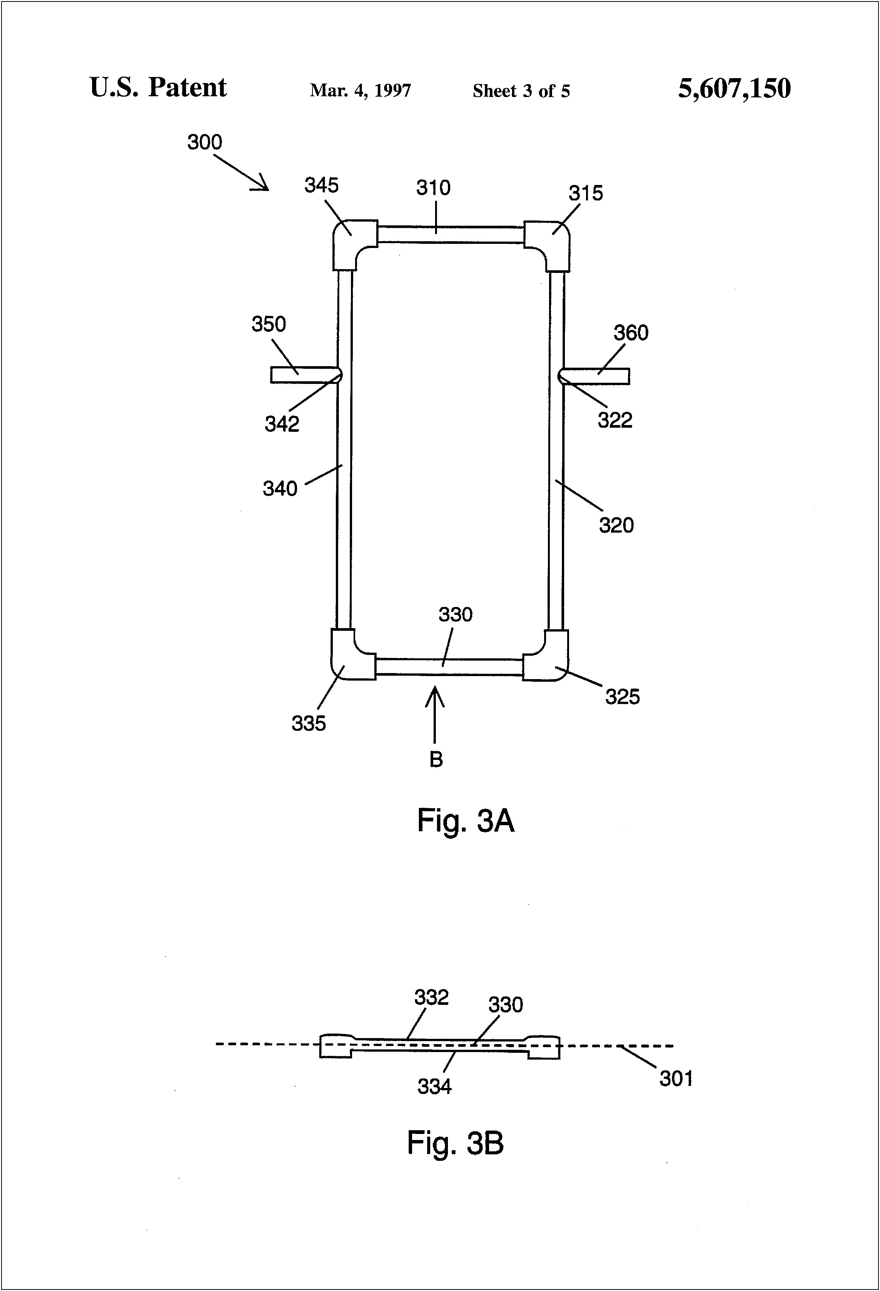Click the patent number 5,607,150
coord(734,88)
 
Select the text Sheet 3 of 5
coord(521,91)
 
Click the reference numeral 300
coord(204,143)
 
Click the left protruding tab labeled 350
coord(303,375)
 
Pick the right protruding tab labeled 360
coord(597,376)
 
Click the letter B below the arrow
coord(436,760)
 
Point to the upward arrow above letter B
coord(435,714)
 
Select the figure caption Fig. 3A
coord(465,821)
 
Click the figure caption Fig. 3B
coord(455,1143)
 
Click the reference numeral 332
coord(431,997)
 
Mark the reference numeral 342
coord(282,424)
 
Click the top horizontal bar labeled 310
coord(450,234)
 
